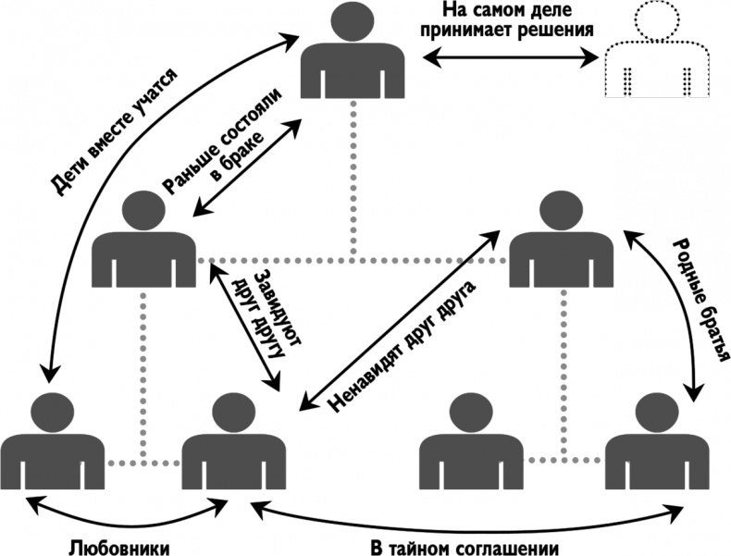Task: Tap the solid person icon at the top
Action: pyautogui.click(x=353, y=65)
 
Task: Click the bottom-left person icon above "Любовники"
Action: pyautogui.click(x=50, y=444)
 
